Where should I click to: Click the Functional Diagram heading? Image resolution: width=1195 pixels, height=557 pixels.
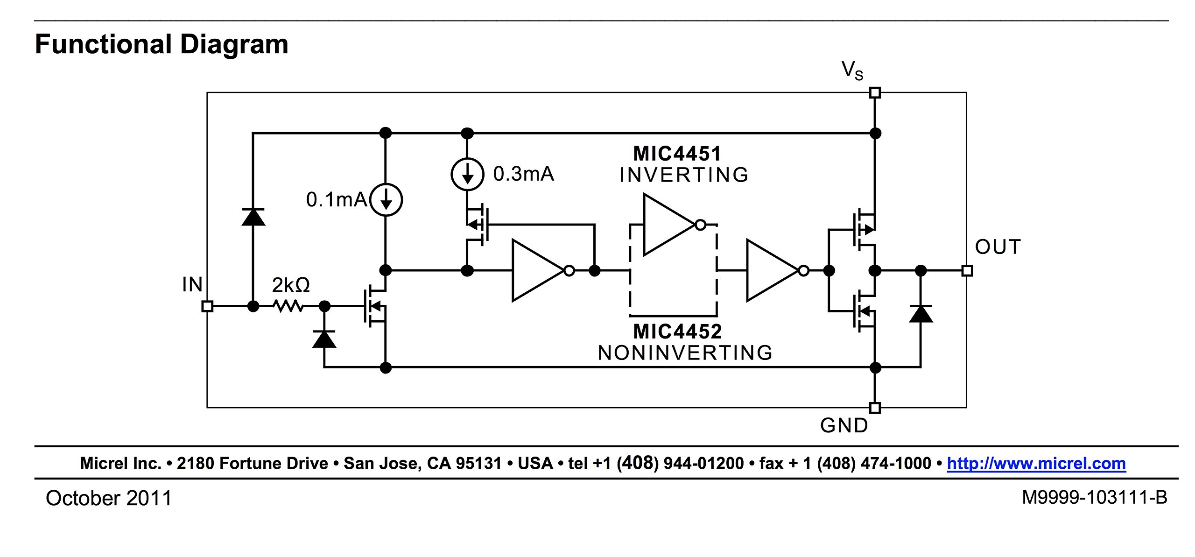pyautogui.click(x=162, y=45)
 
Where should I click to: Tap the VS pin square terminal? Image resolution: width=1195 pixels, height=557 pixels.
pyautogui.click(x=875, y=92)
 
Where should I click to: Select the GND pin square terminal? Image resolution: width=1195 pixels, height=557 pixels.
pyautogui.click(x=875, y=408)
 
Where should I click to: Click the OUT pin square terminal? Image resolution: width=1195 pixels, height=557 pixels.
pyautogui.click(x=967, y=270)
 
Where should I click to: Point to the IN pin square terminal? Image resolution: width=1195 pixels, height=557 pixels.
pyautogui.click(x=207, y=306)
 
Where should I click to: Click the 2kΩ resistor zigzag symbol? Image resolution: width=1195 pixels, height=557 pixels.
pyautogui.click(x=288, y=306)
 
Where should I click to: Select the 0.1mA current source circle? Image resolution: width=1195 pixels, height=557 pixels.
pyautogui.click(x=386, y=200)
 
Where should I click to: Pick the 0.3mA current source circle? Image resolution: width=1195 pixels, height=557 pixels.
pyautogui.click(x=467, y=174)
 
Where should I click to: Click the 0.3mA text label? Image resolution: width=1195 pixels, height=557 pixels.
pyautogui.click(x=523, y=174)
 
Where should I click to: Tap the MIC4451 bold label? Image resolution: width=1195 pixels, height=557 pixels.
pyautogui.click(x=677, y=154)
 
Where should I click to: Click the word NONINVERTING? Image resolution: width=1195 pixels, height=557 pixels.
pyautogui.click(x=685, y=353)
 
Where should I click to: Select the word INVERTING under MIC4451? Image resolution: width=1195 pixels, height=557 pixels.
pyautogui.click(x=684, y=175)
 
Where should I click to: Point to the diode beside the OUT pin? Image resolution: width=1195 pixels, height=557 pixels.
pyautogui.click(x=921, y=314)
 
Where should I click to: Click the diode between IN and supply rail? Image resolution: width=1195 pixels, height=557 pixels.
pyautogui.click(x=253, y=217)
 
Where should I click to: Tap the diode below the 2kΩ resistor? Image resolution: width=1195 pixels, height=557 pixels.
pyautogui.click(x=324, y=339)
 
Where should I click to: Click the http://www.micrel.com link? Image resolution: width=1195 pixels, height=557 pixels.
pyautogui.click(x=1036, y=463)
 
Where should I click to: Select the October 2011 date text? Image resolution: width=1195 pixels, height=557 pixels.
pyautogui.click(x=109, y=498)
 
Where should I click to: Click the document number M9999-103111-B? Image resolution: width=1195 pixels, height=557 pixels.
pyautogui.click(x=1094, y=498)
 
